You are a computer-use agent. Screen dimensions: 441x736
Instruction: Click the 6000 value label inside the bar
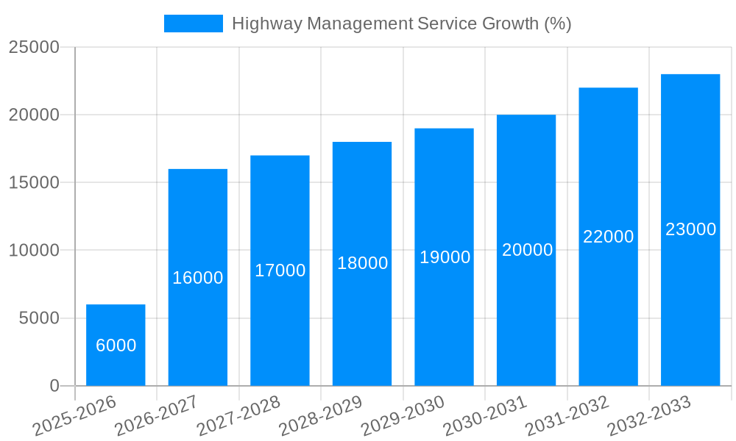tap(116, 345)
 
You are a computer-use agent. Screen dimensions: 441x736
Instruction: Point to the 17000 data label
tap(280, 270)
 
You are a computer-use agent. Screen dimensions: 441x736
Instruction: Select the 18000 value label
tap(362, 263)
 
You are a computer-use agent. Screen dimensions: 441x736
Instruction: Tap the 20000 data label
tap(527, 250)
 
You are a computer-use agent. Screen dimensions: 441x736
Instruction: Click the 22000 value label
tap(608, 237)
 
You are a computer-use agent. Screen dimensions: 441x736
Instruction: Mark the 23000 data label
tap(690, 229)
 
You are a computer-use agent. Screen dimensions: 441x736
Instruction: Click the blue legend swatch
tap(193, 24)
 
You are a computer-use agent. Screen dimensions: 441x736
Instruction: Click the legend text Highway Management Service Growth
tap(401, 24)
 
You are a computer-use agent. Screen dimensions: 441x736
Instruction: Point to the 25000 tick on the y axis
tap(34, 48)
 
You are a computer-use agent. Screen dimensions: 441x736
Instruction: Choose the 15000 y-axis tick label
tap(34, 183)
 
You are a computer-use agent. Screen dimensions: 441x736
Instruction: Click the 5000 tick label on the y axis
tap(38, 318)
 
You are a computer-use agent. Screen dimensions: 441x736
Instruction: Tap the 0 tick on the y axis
tap(54, 386)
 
